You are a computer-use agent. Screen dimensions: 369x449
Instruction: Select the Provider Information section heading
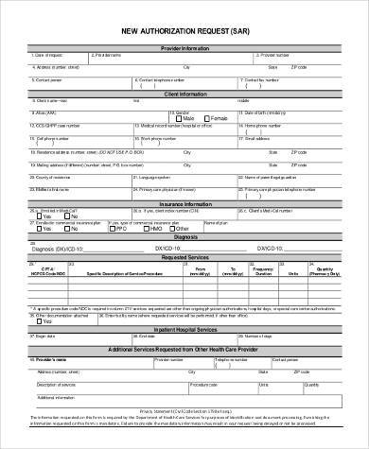point(184,46)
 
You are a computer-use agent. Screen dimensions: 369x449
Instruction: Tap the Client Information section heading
point(184,95)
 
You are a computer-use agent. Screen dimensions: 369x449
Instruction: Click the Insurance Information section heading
point(184,202)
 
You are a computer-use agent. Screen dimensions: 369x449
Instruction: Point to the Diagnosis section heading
point(184,237)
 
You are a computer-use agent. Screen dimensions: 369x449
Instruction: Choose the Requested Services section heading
point(184,256)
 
